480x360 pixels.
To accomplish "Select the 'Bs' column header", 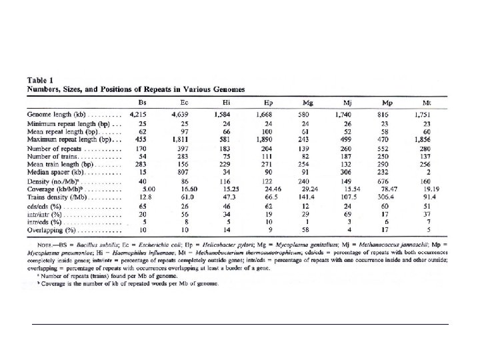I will [x=142, y=102].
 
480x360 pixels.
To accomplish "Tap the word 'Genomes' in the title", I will [x=224, y=89].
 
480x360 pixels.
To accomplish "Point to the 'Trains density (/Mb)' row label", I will [x=59, y=198].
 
